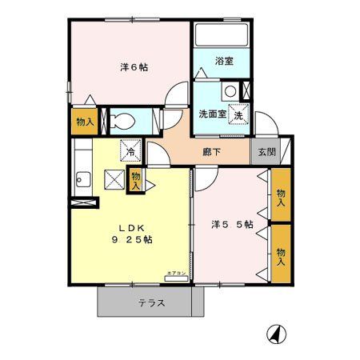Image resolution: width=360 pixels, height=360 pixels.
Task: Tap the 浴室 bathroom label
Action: click(x=223, y=61)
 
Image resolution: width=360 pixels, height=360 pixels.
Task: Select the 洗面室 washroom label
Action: click(x=213, y=114)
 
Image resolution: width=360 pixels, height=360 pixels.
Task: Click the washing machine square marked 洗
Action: click(x=238, y=116)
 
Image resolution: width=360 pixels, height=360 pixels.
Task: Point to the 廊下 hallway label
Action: click(x=210, y=149)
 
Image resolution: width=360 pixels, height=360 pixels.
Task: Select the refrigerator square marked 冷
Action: click(x=127, y=149)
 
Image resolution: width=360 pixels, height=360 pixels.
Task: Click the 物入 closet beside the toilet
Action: click(x=85, y=122)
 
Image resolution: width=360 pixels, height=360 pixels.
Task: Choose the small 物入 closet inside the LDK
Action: click(x=135, y=178)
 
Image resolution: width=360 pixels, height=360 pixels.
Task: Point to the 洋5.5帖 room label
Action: click(x=232, y=225)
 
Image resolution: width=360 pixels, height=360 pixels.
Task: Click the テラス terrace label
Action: click(x=150, y=303)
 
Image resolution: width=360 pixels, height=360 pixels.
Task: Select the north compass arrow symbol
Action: click(x=274, y=333)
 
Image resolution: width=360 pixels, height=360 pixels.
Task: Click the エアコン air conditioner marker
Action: click(x=175, y=274)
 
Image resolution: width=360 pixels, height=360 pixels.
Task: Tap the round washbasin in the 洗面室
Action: click(x=230, y=91)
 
